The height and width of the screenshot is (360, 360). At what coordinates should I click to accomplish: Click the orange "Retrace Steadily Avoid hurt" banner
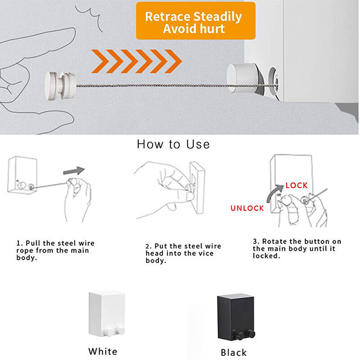pyautogui.click(x=196, y=21)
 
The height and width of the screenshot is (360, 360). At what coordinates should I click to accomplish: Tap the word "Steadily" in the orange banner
pyautogui.click(x=218, y=17)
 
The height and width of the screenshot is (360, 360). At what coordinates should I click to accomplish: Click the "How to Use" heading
pyautogui.click(x=173, y=144)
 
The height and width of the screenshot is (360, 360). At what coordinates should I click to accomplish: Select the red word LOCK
pyautogui.click(x=297, y=185)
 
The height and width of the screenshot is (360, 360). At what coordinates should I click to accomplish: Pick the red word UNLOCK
pyautogui.click(x=247, y=208)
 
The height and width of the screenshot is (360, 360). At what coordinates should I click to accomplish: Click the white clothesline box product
pyautogui.click(x=107, y=314)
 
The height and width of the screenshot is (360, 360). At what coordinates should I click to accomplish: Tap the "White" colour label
pyautogui.click(x=103, y=351)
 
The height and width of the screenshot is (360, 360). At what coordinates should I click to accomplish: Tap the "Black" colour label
pyautogui.click(x=234, y=352)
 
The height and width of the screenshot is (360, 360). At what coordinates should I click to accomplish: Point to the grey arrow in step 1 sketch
pyautogui.click(x=74, y=171)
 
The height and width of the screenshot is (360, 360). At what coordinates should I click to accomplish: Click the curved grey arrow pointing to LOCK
pyautogui.click(x=274, y=193)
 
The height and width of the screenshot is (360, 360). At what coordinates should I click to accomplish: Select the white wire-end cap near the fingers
pyautogui.click(x=60, y=86)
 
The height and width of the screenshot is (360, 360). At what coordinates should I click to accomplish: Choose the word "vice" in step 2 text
pyautogui.click(x=205, y=253)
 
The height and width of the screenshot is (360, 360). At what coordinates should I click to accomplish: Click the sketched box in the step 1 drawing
pyautogui.click(x=22, y=175)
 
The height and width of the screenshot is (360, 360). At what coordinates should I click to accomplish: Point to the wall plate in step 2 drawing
pyautogui.click(x=197, y=188)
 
